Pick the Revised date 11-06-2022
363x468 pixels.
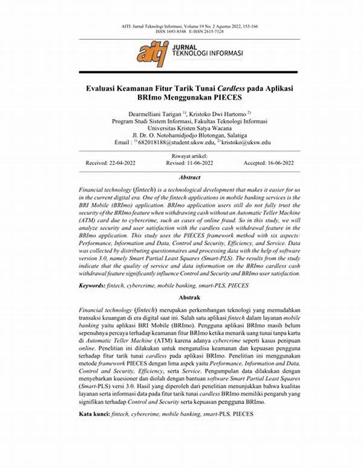(x=189, y=163)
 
